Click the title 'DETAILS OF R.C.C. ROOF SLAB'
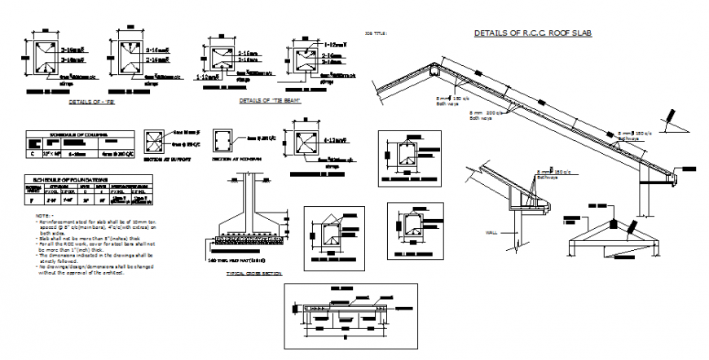532,33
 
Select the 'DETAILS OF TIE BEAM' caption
266,101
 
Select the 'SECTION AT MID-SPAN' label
229,160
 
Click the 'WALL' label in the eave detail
491,232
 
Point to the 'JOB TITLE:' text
376,33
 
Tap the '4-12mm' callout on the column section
336,140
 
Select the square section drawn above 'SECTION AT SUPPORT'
154,141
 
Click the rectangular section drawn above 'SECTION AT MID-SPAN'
224,140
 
